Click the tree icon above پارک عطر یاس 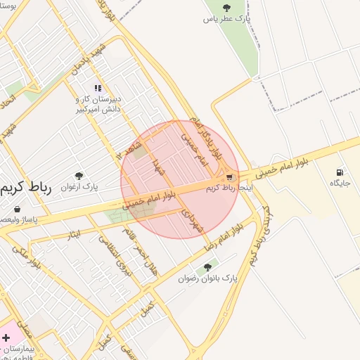pyautogui.click(x=226, y=8)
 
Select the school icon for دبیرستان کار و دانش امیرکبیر pyautogui.click(x=98, y=89)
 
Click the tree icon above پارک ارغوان pyautogui.click(x=78, y=176)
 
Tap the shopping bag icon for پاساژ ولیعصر pyautogui.click(x=17, y=209)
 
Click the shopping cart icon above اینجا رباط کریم pyautogui.click(x=230, y=178)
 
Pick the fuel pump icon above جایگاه pyautogui.click(x=340, y=172)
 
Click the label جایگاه pyautogui.click(x=340, y=183)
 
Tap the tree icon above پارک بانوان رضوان pyautogui.click(x=207, y=267)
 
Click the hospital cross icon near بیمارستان pyautogui.click(x=6, y=338)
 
